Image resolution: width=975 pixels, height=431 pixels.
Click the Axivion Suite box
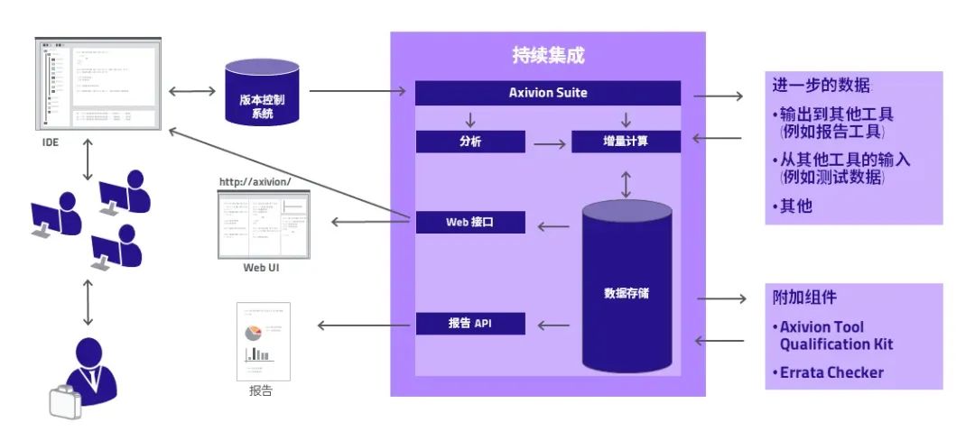tap(548, 93)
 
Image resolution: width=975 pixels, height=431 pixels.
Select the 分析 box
tap(470, 142)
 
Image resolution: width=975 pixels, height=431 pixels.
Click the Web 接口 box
tap(470, 222)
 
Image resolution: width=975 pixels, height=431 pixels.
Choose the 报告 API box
tap(470, 323)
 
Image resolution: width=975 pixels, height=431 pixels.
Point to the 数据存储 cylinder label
tap(627, 293)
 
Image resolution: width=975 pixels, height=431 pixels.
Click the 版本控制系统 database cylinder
tap(263, 94)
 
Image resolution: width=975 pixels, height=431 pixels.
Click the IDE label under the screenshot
tap(51, 142)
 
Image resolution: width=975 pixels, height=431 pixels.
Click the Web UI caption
tap(262, 268)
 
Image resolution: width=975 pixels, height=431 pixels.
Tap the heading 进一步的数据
tap(821, 86)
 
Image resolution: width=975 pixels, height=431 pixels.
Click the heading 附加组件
tap(803, 297)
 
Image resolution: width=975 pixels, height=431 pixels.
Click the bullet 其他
tap(794, 206)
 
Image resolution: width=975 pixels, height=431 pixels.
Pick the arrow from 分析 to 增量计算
tap(548, 142)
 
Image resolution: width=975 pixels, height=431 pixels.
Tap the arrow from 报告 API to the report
tap(357, 325)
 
